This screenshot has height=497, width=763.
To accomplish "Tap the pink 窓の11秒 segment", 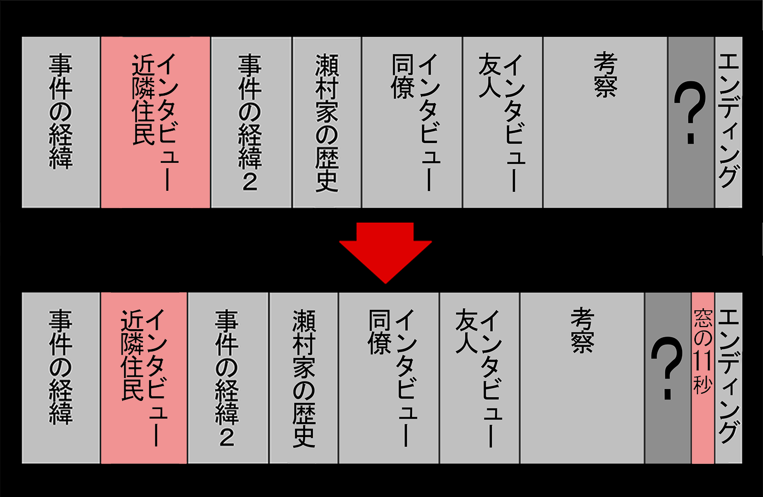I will [702, 377].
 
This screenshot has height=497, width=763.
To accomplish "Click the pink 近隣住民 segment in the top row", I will [155, 122].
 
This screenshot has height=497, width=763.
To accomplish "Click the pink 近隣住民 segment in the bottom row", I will [144, 377].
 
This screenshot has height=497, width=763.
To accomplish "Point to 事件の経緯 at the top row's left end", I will [61, 122].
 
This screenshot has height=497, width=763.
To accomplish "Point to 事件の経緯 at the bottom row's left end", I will [61, 377].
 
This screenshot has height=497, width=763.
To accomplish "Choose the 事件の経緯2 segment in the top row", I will [251, 122].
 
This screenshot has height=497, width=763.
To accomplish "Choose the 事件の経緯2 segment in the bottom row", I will [228, 377].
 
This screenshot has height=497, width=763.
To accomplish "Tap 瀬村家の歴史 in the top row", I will [327, 122].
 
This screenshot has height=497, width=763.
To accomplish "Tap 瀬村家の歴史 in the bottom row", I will [304, 377].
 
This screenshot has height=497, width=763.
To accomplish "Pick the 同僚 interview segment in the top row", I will [412, 122].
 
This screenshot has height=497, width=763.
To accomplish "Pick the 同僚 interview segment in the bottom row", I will [389, 377].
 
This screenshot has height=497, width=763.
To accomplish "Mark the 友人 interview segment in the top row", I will [503, 122].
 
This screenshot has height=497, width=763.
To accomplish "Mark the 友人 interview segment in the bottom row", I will [479, 377].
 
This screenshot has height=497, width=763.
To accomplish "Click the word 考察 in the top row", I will [605, 76].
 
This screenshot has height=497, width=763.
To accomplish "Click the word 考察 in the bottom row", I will [582, 331].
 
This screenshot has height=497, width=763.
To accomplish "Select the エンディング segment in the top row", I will [728, 122].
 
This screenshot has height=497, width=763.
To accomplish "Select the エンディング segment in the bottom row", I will [728, 377].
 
